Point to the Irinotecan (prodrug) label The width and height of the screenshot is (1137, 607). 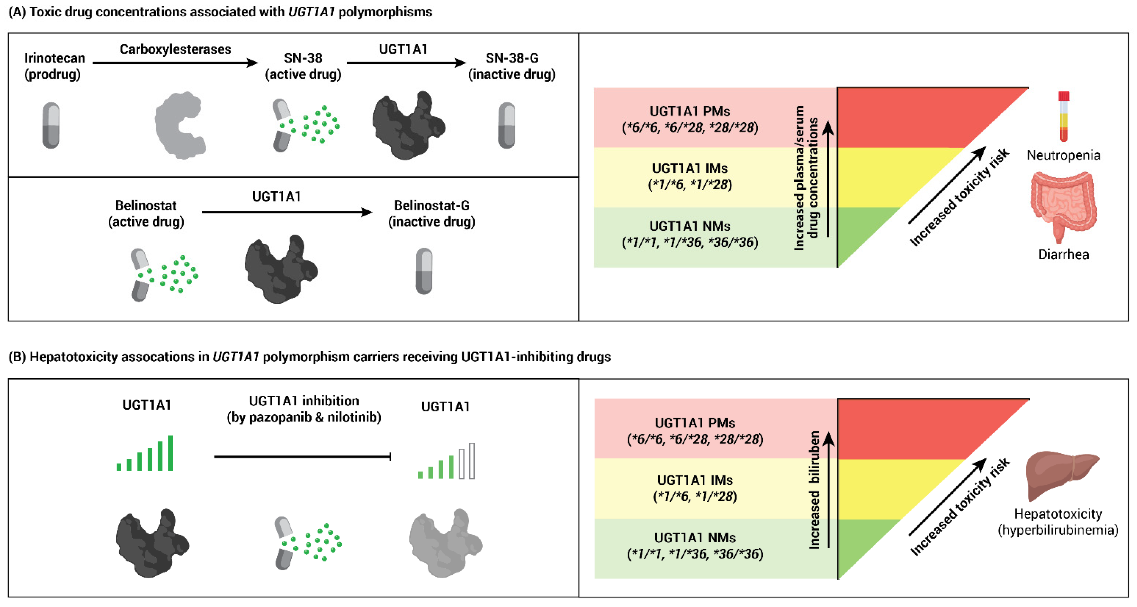[54, 66]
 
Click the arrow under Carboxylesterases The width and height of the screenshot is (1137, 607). [175, 63]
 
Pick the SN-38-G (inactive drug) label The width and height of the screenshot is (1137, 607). [512, 66]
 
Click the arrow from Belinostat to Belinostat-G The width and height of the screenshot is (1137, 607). [287, 212]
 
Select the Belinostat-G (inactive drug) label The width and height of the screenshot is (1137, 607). [432, 213]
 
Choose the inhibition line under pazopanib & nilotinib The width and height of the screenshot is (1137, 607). [302, 456]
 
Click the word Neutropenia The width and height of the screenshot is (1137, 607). [1063, 155]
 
